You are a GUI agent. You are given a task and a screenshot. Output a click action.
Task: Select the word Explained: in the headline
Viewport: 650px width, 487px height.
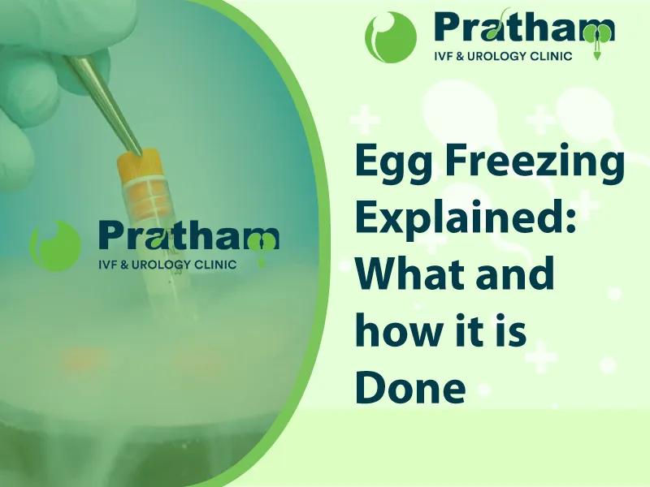click(x=465, y=219)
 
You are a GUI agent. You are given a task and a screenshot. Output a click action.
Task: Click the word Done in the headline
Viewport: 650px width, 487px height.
click(x=410, y=385)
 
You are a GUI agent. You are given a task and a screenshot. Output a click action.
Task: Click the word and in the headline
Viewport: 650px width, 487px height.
click(x=515, y=274)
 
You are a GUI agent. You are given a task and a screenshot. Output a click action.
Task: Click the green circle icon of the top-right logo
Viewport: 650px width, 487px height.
click(x=391, y=37)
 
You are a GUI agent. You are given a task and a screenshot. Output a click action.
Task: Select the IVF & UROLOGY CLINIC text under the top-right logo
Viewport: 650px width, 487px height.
click(x=503, y=56)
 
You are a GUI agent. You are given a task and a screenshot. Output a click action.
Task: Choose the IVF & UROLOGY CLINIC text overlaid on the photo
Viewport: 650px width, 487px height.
click(x=167, y=265)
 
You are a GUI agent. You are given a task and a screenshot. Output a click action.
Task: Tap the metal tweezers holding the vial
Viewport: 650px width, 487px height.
click(x=105, y=105)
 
